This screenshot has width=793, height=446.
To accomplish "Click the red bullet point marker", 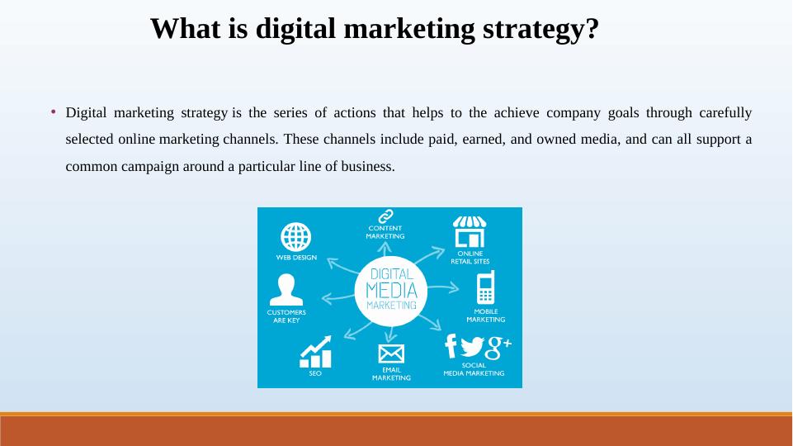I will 53,111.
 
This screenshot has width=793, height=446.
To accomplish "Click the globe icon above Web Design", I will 296,237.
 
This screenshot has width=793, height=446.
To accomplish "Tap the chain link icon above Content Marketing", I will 385,216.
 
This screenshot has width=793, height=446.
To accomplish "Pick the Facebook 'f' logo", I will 451,345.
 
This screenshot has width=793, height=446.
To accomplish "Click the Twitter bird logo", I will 472,346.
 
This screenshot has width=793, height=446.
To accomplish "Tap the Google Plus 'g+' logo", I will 498,347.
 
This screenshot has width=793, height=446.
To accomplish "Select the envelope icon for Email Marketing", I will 391,353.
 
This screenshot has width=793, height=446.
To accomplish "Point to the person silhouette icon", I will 286,291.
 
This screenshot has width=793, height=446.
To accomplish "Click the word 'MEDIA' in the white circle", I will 391,290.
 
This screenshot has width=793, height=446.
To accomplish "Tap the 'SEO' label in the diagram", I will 315,374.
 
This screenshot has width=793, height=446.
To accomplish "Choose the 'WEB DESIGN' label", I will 296,257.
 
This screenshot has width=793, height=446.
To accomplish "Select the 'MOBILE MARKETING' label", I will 485,316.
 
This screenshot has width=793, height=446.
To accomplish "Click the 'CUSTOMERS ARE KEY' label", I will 286,316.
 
